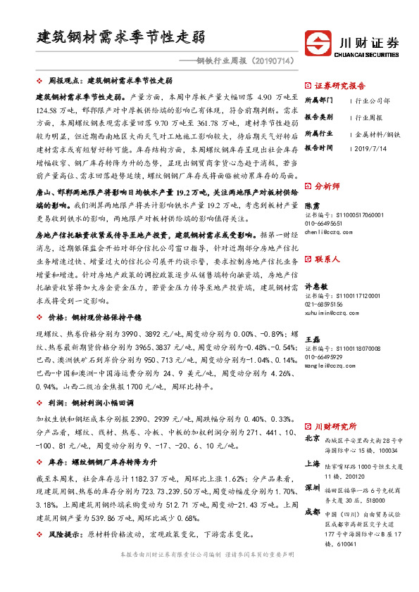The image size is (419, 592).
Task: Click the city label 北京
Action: pos(311,438)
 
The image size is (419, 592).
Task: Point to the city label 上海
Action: pos(311,463)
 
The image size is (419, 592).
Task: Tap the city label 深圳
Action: pos(311,487)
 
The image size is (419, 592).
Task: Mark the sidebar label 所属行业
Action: pos(318,132)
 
